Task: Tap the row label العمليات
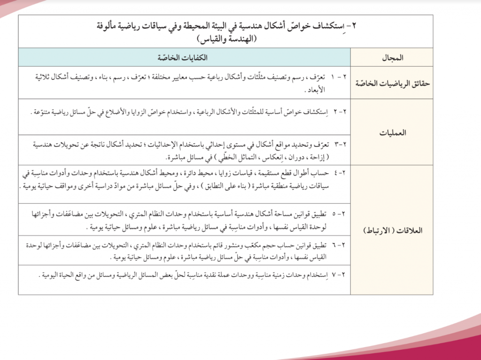[392, 132]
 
